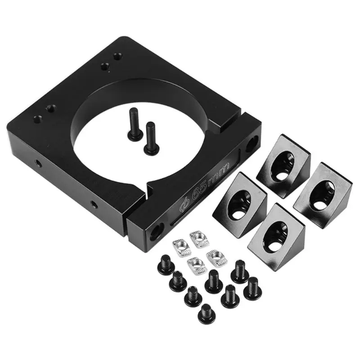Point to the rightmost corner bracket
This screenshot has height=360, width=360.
(323, 195)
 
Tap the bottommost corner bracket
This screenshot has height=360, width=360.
(276, 237)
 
